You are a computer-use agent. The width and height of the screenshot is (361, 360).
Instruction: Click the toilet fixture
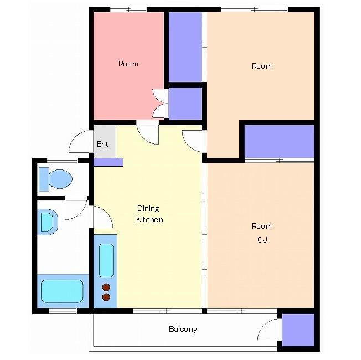point(56,179)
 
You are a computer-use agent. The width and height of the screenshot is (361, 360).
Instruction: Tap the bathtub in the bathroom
point(62,291)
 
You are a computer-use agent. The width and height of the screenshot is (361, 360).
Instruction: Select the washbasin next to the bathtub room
point(48,222)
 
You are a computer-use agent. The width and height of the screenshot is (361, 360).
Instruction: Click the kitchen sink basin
point(106,260)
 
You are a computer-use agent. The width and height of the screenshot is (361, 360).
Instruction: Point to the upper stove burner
point(106,287)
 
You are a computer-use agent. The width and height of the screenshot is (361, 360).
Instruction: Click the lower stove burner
point(106,297)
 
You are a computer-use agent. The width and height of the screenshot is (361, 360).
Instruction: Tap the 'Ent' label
point(102,144)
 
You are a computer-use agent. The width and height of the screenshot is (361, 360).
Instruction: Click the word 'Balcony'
point(183,329)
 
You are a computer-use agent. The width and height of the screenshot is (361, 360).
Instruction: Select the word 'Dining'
point(148,209)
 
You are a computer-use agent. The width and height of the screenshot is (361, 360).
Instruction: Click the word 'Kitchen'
point(149,219)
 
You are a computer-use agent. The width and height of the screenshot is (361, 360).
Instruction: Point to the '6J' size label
point(262,240)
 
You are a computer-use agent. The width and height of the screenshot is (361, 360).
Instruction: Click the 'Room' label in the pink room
point(128,64)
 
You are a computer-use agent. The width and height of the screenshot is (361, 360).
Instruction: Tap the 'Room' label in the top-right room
point(262,66)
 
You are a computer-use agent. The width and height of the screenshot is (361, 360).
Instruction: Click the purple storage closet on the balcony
point(298,330)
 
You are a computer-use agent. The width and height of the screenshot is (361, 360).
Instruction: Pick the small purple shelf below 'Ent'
point(108,162)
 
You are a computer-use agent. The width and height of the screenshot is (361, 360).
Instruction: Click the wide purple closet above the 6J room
point(279,141)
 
